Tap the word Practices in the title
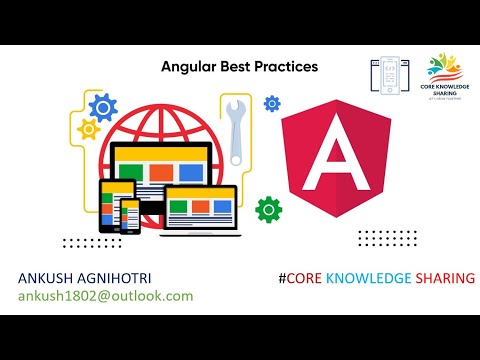285,67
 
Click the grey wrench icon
237,131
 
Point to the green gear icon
268,209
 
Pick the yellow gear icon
87,128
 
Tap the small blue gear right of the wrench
271,103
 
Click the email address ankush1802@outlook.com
104,297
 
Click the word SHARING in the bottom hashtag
444,277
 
